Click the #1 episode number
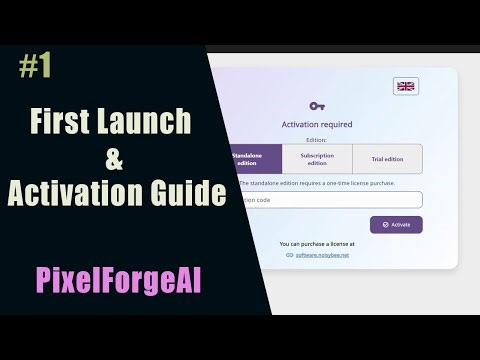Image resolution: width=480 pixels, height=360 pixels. click(x=34, y=67)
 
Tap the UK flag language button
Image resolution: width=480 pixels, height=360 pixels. click(x=406, y=86)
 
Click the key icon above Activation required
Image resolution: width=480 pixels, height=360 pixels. click(x=317, y=105)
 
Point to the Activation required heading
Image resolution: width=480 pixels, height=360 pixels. click(x=317, y=125)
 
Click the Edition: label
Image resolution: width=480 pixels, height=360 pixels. click(x=317, y=141)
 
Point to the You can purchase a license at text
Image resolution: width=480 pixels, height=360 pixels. click(x=317, y=243)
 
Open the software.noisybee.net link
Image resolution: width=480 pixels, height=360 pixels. click(x=322, y=256)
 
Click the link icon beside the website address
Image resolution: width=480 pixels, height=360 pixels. click(x=289, y=256)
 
